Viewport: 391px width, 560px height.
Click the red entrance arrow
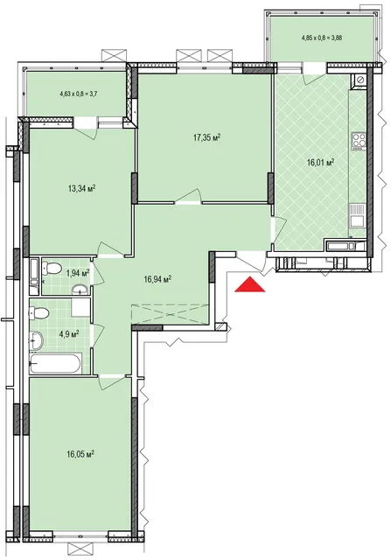(x=250, y=285)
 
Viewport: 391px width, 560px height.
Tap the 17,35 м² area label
(x=206, y=137)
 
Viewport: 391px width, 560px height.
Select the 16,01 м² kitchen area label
(x=320, y=163)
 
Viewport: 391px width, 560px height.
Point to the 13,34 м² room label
(x=81, y=188)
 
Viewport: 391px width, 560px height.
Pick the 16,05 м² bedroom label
(x=80, y=454)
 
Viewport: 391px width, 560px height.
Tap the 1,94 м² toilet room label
(x=78, y=274)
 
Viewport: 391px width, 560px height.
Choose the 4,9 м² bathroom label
(x=68, y=334)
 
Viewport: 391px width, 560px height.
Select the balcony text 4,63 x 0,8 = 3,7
(x=76, y=94)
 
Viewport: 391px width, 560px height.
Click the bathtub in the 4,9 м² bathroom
(x=55, y=363)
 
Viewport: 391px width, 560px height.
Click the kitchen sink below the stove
(x=357, y=215)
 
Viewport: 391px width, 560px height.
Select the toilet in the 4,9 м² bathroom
(x=38, y=314)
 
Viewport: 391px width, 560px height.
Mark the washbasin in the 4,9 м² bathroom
(x=36, y=340)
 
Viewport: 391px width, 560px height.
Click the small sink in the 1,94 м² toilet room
(x=80, y=290)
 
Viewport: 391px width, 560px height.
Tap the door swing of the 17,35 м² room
(x=189, y=196)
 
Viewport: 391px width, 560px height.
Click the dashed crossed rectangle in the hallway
(x=170, y=314)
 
